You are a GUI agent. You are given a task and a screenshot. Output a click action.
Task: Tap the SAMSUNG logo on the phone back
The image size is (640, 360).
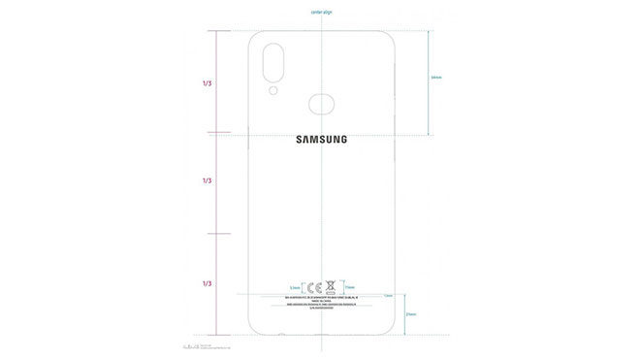pos(320,139)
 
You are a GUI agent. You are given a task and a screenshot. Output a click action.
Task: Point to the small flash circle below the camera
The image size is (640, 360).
pos(275,91)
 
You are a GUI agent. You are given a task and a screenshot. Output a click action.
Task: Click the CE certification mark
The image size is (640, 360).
pos(313,287)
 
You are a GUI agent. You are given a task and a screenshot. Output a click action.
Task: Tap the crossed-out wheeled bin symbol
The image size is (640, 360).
pos(330,287)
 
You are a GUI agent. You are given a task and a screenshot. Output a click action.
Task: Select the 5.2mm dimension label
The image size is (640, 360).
pos(295,288)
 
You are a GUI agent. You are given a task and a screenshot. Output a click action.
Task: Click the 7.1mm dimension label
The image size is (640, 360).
pos(350,288)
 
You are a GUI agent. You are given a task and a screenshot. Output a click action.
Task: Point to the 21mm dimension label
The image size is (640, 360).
pos(411,314)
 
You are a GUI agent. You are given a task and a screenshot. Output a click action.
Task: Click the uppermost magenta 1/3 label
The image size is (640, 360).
pos(208,84)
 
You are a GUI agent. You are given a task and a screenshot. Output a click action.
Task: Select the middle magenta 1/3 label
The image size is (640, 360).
pos(208,181)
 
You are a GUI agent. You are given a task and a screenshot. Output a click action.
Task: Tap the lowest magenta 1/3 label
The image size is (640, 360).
pos(208,283)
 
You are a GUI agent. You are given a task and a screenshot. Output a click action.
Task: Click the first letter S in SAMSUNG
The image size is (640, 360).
pos(300,139)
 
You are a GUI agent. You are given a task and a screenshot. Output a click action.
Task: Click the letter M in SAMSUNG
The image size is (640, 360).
pos(313,139)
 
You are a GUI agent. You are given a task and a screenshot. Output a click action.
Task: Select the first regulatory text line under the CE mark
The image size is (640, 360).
pos(320,298)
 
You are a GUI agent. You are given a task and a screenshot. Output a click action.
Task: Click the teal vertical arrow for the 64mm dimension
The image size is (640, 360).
pos(430,82)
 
